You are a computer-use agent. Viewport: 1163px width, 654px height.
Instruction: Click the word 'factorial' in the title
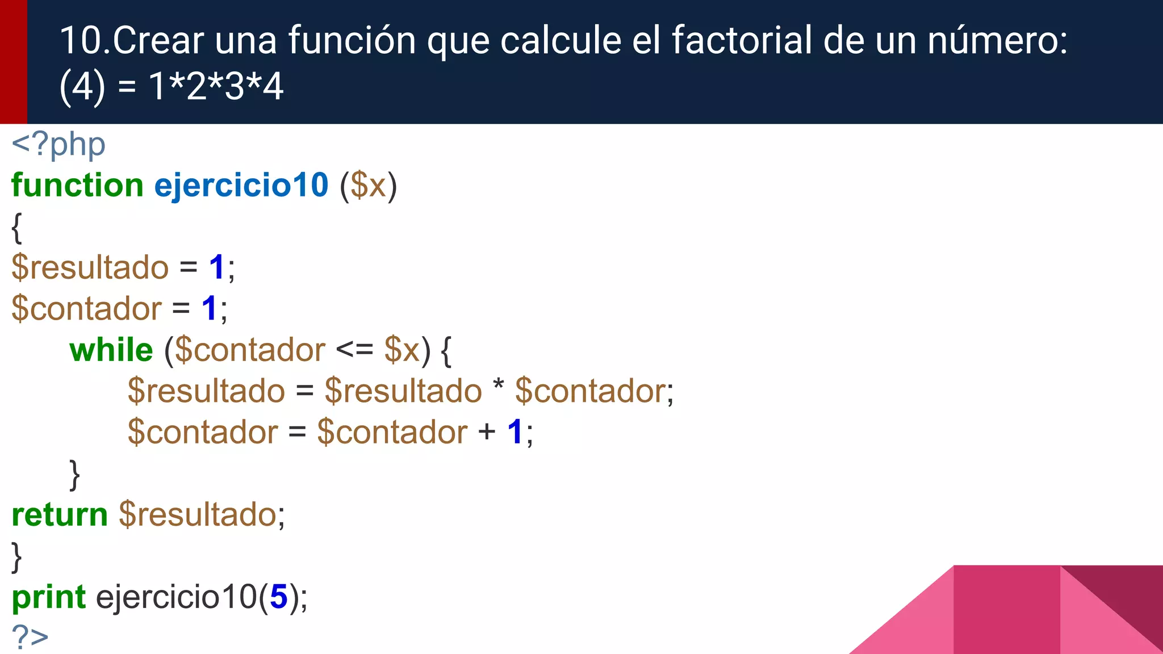coord(742,40)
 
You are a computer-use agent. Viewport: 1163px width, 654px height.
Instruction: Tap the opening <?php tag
coord(58,145)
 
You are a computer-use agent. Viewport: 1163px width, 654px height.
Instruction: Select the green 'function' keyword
coord(77,186)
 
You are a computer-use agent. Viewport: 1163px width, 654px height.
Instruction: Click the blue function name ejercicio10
coord(241,186)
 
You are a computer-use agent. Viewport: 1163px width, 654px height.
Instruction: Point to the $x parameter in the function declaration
coord(368,186)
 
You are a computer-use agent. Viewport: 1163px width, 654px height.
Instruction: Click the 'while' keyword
coord(111,350)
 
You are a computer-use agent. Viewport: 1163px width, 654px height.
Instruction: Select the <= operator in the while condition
coord(354,350)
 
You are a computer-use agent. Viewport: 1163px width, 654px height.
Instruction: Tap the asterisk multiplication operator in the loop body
coord(498,386)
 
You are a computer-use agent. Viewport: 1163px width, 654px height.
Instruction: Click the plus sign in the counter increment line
coord(487,432)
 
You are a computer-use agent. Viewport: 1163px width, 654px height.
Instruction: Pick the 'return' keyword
coord(60,514)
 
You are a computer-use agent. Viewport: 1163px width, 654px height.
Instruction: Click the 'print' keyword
coord(49,597)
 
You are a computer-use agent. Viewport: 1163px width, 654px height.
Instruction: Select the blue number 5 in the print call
coord(279,597)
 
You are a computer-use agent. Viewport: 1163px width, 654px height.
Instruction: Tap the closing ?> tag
coord(30,637)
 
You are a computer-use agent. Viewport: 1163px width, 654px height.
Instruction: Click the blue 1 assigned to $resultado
coord(217,267)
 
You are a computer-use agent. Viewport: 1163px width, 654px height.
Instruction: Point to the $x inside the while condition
coord(401,350)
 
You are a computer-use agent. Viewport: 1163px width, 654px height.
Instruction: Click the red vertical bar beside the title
coord(13,61)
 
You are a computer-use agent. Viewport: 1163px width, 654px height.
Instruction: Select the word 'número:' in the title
coord(997,40)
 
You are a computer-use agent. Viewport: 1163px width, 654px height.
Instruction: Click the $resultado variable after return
coord(198,514)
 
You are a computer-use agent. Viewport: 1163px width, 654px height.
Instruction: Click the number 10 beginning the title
coord(81,40)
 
